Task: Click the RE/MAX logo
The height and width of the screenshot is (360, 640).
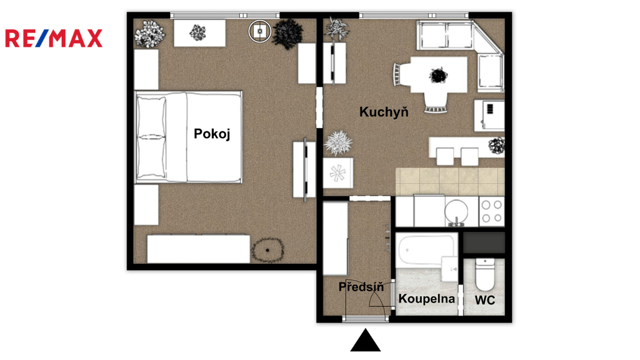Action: coord(54,38)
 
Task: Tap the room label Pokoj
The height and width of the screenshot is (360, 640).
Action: coord(212,134)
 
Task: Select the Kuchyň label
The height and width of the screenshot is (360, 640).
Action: coord(384,111)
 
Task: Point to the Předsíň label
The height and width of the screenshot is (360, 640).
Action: coord(361,286)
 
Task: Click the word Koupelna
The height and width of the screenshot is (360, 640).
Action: coord(426,299)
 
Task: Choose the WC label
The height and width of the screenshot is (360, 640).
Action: coord(485,301)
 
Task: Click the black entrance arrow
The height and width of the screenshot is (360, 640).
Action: coord(365,340)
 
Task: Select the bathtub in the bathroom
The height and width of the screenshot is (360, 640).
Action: coord(427,249)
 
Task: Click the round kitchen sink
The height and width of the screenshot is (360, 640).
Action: coord(456,211)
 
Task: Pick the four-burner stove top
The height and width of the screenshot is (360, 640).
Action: coord(492,211)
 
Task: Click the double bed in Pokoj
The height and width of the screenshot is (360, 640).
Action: coord(189,137)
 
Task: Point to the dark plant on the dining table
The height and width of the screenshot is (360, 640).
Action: coord(438,76)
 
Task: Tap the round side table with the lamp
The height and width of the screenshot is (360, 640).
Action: coord(259,31)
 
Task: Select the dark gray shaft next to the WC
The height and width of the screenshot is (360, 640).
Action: coord(484,243)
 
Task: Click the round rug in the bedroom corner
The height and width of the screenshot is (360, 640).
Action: coord(267,250)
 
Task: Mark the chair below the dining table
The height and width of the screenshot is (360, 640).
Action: coord(436,102)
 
